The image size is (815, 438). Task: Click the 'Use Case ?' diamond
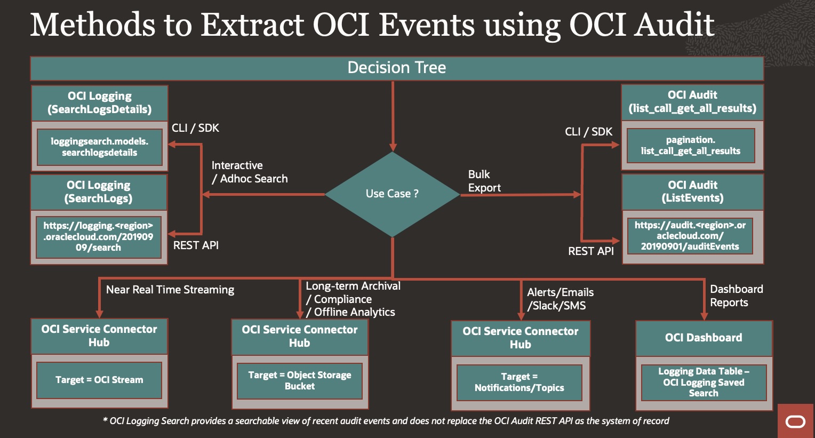click(x=392, y=194)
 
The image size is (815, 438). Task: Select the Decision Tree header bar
click(x=397, y=68)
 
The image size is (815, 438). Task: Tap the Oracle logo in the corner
click(x=795, y=421)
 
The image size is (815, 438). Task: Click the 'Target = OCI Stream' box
click(x=99, y=380)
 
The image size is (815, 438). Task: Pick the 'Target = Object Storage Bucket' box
click(x=300, y=381)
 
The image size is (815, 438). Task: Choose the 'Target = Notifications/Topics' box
click(x=520, y=383)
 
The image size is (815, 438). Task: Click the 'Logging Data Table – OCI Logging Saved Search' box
click(x=704, y=383)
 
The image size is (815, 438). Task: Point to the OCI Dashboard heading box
click(x=704, y=338)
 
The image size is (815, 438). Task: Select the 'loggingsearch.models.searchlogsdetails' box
click(x=100, y=147)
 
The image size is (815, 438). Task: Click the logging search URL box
click(x=99, y=237)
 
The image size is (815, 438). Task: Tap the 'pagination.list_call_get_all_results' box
click(x=691, y=146)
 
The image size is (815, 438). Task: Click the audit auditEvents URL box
click(x=690, y=236)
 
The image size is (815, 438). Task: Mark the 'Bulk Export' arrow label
click(x=484, y=181)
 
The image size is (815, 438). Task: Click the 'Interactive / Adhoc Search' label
click(x=250, y=172)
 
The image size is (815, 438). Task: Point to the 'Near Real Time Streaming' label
click(x=170, y=290)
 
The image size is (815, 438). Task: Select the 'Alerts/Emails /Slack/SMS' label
click(x=560, y=299)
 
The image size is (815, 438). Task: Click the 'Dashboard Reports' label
click(x=736, y=296)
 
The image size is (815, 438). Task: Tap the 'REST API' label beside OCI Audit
click(x=591, y=251)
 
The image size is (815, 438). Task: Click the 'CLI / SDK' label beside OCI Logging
click(x=195, y=128)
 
